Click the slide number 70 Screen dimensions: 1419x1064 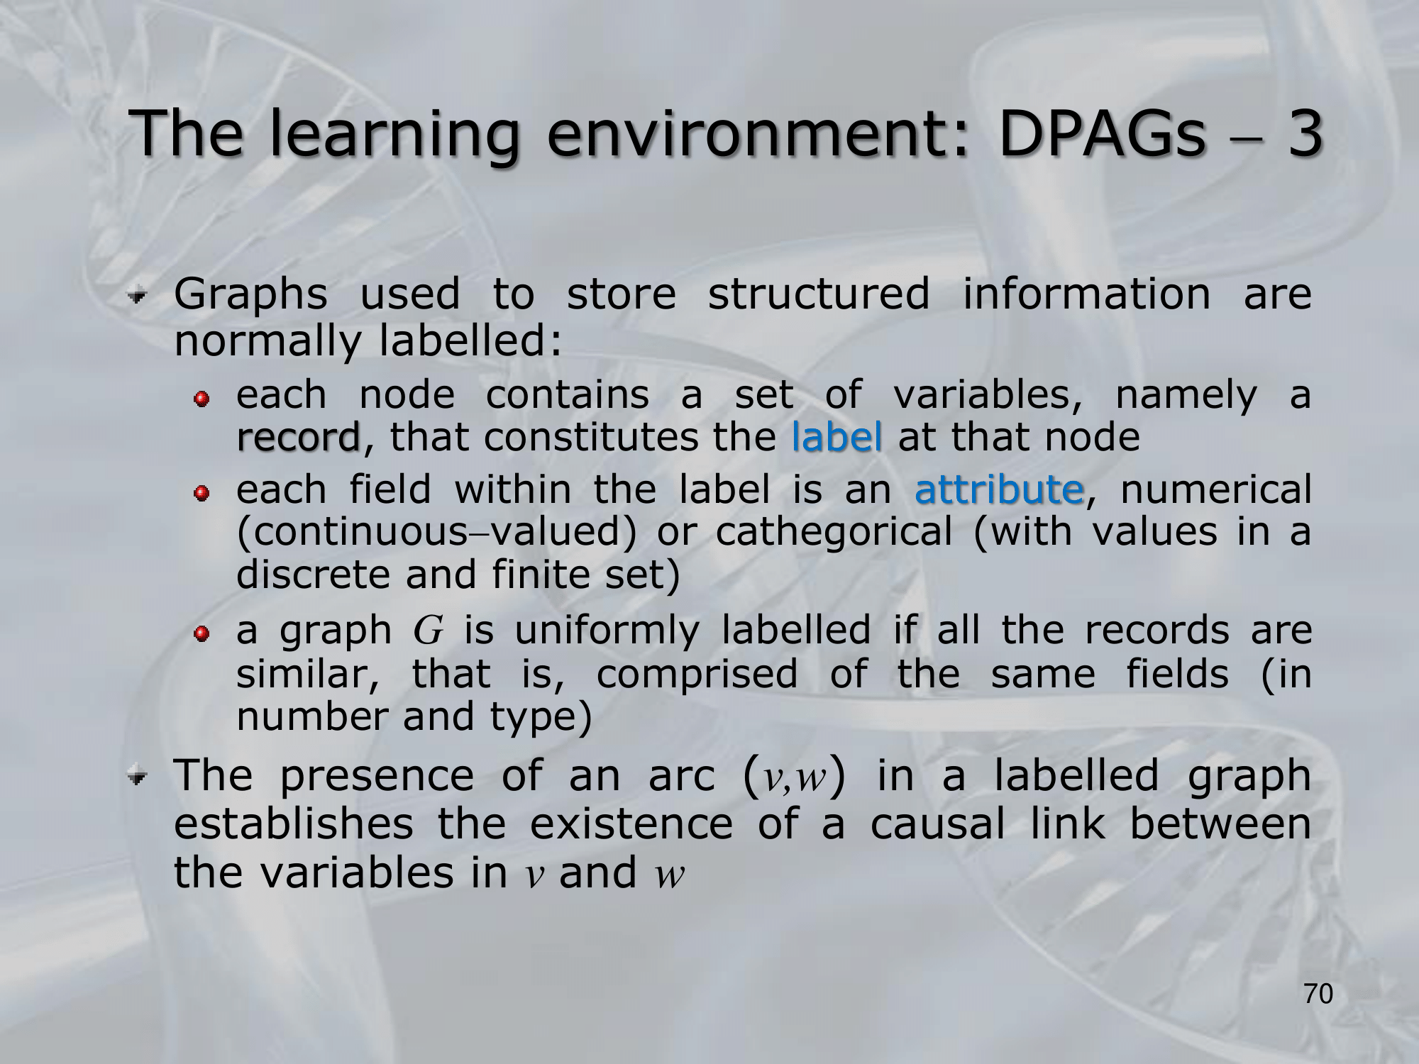click(1319, 994)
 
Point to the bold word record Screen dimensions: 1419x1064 click(299, 437)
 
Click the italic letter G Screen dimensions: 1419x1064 click(428, 630)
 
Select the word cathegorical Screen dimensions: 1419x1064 click(834, 533)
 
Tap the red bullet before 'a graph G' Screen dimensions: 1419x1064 click(203, 632)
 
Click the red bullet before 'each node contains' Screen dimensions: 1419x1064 click(203, 399)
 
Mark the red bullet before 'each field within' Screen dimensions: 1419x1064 click(203, 492)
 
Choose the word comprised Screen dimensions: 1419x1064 click(697, 675)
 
